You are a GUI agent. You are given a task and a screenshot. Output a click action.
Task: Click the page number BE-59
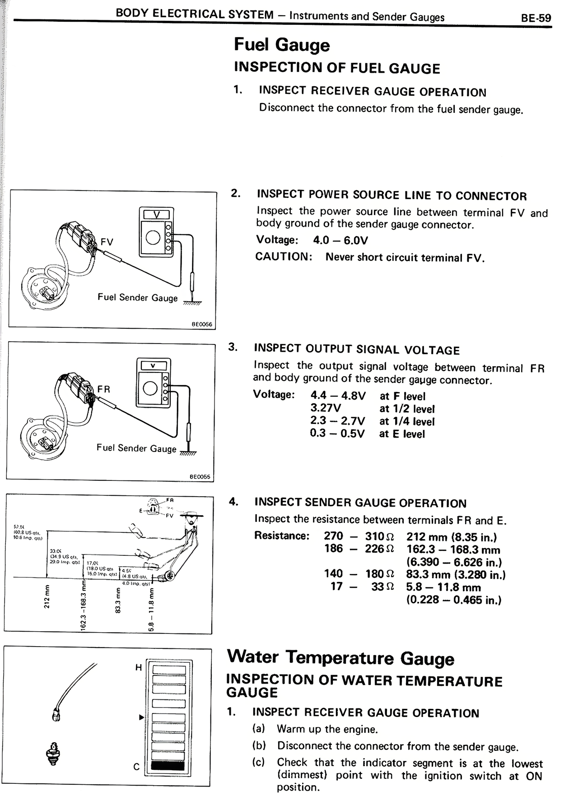point(536,18)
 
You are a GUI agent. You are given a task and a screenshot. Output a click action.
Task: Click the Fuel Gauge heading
point(282,45)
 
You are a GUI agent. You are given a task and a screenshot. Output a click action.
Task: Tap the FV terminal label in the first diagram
point(107,242)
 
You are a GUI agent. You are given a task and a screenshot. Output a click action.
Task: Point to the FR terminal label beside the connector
point(103,389)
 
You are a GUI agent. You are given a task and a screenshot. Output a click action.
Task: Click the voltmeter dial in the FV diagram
point(153,238)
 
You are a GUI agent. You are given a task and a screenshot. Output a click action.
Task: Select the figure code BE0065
point(200,476)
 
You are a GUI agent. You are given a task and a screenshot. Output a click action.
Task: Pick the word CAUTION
point(284,256)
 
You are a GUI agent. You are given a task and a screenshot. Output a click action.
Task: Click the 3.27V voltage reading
point(326,408)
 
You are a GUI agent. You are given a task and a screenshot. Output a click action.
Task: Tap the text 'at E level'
point(402,434)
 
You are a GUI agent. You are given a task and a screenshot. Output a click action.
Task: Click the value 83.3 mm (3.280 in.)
point(456,574)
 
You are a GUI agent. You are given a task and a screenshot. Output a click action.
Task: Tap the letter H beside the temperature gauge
point(139,667)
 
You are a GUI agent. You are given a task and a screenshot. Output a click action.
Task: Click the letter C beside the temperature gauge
point(136,767)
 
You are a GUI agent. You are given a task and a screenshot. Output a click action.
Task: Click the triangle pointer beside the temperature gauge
point(141,717)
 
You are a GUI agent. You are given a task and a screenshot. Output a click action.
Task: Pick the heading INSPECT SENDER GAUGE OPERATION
point(360,503)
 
